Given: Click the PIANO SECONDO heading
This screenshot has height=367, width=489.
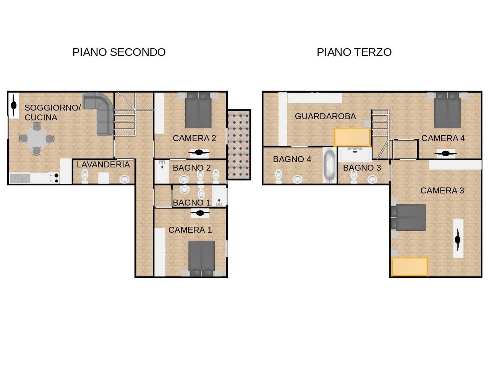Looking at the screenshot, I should (119, 52).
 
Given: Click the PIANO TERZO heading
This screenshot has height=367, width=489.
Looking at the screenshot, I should (354, 52).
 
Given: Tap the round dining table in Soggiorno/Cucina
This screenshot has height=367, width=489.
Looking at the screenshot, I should (36, 138).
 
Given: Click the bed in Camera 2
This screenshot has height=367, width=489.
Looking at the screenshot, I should (198, 111).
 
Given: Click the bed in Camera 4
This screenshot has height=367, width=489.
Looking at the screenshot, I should (447, 111).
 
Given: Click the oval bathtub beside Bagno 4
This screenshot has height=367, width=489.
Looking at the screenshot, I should (329, 166).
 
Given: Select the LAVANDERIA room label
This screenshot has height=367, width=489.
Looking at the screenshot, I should (103, 165).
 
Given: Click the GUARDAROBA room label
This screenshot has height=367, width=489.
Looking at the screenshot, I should (325, 116).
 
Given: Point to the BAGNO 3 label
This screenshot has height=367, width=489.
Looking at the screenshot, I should (362, 168).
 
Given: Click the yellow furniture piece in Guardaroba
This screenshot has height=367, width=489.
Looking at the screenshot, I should (352, 137).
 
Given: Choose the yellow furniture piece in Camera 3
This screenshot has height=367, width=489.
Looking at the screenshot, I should (410, 266).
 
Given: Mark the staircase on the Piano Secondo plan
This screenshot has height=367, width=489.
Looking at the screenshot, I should (125, 115).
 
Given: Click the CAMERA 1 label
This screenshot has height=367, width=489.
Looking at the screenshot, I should (190, 230).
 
